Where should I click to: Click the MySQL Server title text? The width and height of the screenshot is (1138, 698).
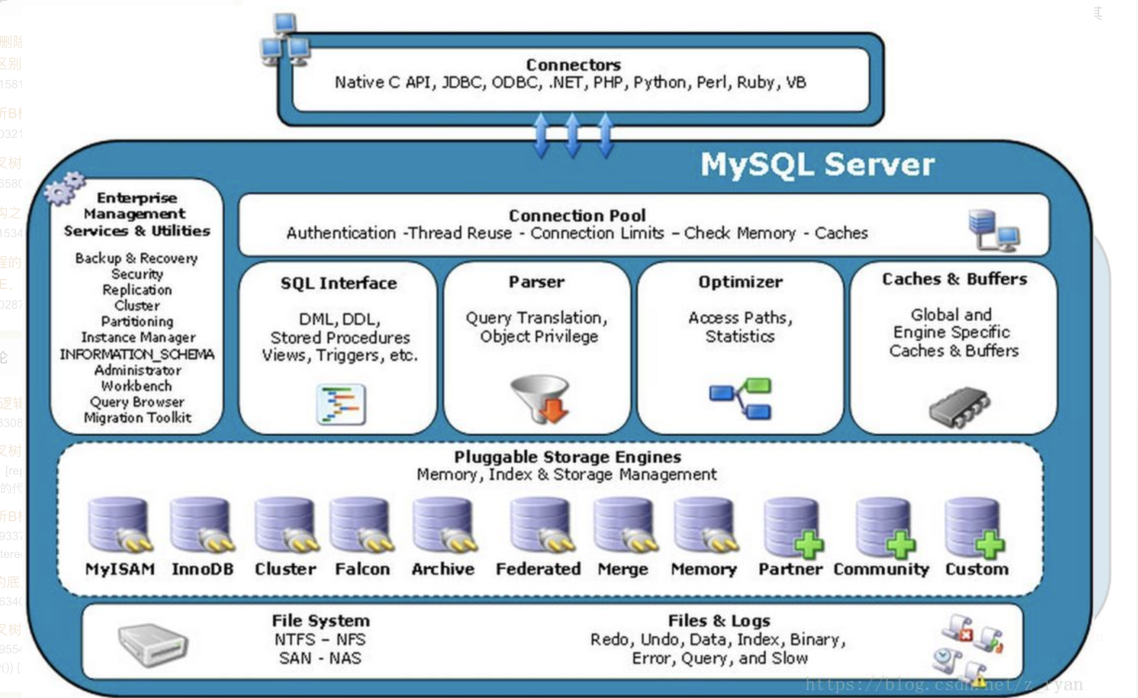817,165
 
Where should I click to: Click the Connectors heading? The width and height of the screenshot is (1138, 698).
573,65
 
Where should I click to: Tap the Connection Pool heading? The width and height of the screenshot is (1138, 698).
577,216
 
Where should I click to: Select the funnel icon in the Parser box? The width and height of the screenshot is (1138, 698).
540,399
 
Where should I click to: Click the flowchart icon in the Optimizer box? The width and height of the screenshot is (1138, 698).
740,398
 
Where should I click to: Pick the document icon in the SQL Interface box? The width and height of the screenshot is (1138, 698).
341,404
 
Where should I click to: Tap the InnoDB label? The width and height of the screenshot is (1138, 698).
203,569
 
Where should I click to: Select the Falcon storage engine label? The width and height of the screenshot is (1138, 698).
362,569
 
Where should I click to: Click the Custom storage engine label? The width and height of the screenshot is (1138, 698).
977,569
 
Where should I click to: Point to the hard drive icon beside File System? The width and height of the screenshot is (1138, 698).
152,644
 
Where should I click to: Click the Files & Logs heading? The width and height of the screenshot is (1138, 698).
719,621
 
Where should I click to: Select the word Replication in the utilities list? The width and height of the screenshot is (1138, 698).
137,290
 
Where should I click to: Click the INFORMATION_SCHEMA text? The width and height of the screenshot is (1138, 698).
137,354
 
